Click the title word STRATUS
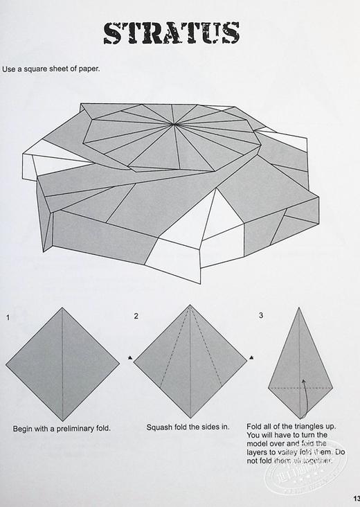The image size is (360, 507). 172,33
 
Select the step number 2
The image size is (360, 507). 136,317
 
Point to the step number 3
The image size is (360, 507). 260,316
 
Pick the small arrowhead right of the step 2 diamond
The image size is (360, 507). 252,358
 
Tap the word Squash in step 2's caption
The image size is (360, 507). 160,428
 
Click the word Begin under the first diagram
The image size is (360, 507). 24,429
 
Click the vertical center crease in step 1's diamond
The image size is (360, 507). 62,360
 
